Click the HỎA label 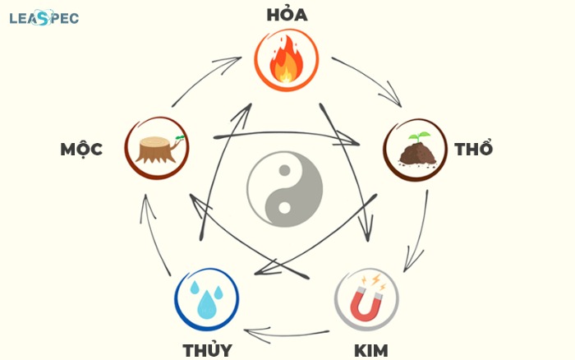click(287, 14)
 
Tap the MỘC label click(81, 150)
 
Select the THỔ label click(473, 147)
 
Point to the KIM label click(370, 351)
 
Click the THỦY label click(208, 349)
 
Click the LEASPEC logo click(44, 17)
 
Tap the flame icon click(287, 60)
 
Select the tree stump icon click(158, 149)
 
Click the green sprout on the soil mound click(419, 137)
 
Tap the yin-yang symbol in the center click(285, 189)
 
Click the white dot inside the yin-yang click(284, 208)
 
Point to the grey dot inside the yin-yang click(284, 170)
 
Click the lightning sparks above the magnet click(374, 282)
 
